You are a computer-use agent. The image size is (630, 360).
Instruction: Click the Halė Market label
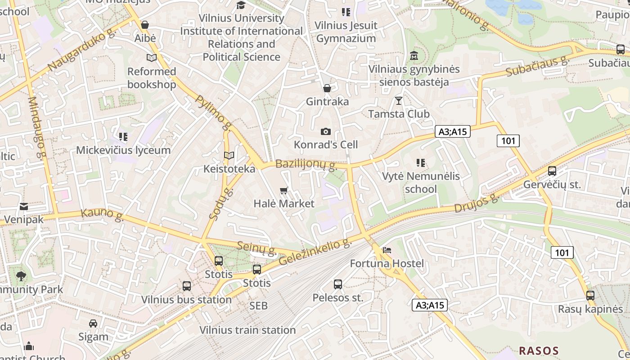point(284,203)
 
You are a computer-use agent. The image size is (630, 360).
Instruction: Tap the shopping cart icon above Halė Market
point(283,191)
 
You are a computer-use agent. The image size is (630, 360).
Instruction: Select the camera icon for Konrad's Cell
point(326,131)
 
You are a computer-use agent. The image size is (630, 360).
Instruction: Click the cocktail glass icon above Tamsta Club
point(399,100)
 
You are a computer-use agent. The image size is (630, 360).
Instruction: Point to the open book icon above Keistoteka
point(229,156)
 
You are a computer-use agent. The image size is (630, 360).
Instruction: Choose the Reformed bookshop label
point(152,78)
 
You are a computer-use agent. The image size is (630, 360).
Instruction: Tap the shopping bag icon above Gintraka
point(327,88)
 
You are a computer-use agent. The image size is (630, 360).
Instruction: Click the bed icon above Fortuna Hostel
point(387,250)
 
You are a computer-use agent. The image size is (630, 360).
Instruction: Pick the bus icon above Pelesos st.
point(338,284)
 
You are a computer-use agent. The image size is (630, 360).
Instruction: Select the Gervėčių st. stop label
point(552,184)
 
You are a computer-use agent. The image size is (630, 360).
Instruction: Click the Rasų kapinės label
point(590,309)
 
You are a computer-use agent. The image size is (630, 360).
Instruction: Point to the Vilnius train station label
point(247,330)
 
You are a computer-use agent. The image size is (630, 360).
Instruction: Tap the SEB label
point(259,306)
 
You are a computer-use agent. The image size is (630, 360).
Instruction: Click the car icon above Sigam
point(93,324)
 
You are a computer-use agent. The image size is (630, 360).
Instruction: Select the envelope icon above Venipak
point(24,207)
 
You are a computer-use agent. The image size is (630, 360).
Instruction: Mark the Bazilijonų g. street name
point(306,165)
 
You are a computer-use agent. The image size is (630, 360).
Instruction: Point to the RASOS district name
point(539,351)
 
